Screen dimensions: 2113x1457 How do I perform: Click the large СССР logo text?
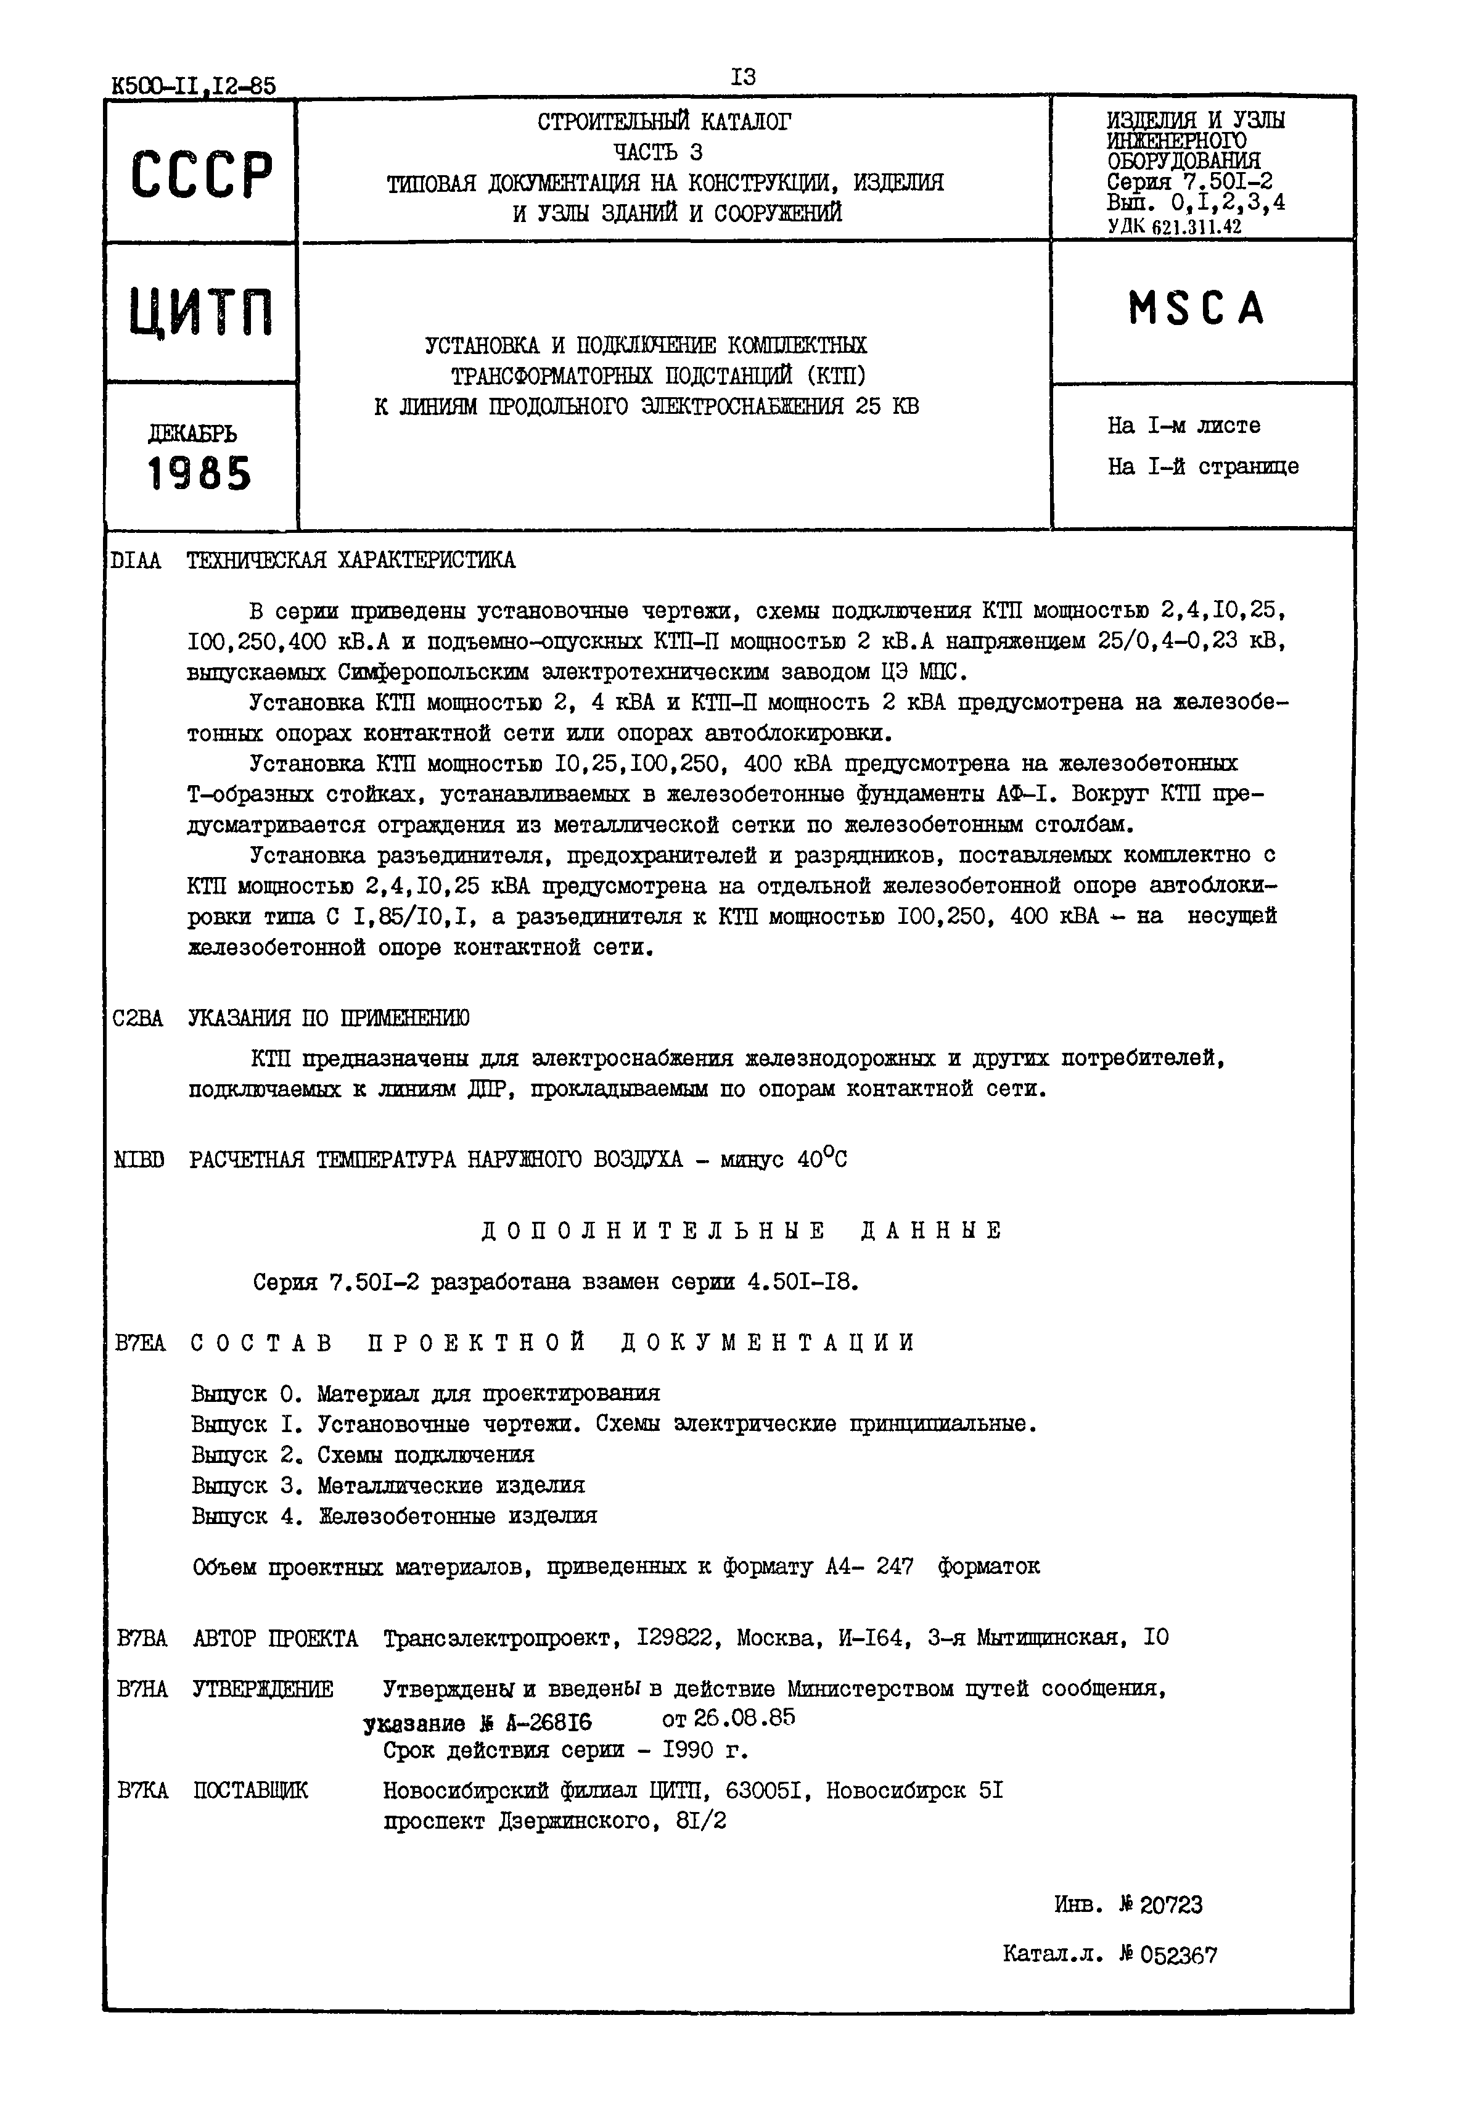201,175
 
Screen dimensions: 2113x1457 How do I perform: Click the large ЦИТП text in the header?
201,312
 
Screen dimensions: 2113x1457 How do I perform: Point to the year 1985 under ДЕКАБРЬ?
199,474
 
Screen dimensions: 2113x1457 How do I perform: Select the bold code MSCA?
1197,308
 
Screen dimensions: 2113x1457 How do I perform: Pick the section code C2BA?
138,1018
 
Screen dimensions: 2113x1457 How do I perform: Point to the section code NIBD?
140,1159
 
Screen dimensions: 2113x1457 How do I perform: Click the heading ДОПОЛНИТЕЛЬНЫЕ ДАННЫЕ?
741,1231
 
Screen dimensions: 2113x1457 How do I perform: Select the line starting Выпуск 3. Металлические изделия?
388,1486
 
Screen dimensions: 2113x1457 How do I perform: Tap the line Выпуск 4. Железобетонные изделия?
395,1517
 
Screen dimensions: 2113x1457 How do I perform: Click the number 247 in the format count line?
895,1568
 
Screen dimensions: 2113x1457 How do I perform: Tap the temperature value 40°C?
822,1159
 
